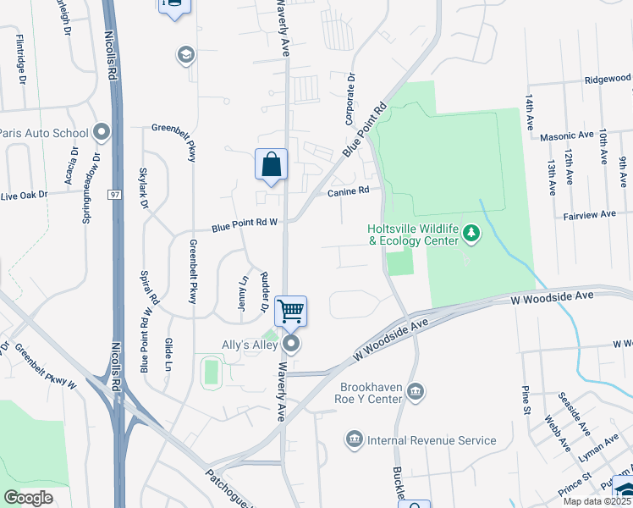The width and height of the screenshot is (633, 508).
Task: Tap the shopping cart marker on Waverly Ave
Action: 290,311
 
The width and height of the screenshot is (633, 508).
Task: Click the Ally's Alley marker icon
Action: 291,344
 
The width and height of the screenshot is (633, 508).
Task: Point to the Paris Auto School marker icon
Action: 102,132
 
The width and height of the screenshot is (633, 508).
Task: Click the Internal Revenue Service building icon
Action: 354,440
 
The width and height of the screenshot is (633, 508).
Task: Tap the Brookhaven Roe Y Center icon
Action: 416,391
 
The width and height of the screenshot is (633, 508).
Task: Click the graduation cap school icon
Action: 184,56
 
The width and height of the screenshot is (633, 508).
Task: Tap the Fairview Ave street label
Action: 590,215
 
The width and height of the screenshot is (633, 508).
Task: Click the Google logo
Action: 28,498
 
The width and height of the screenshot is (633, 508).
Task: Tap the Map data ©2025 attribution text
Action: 595,501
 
